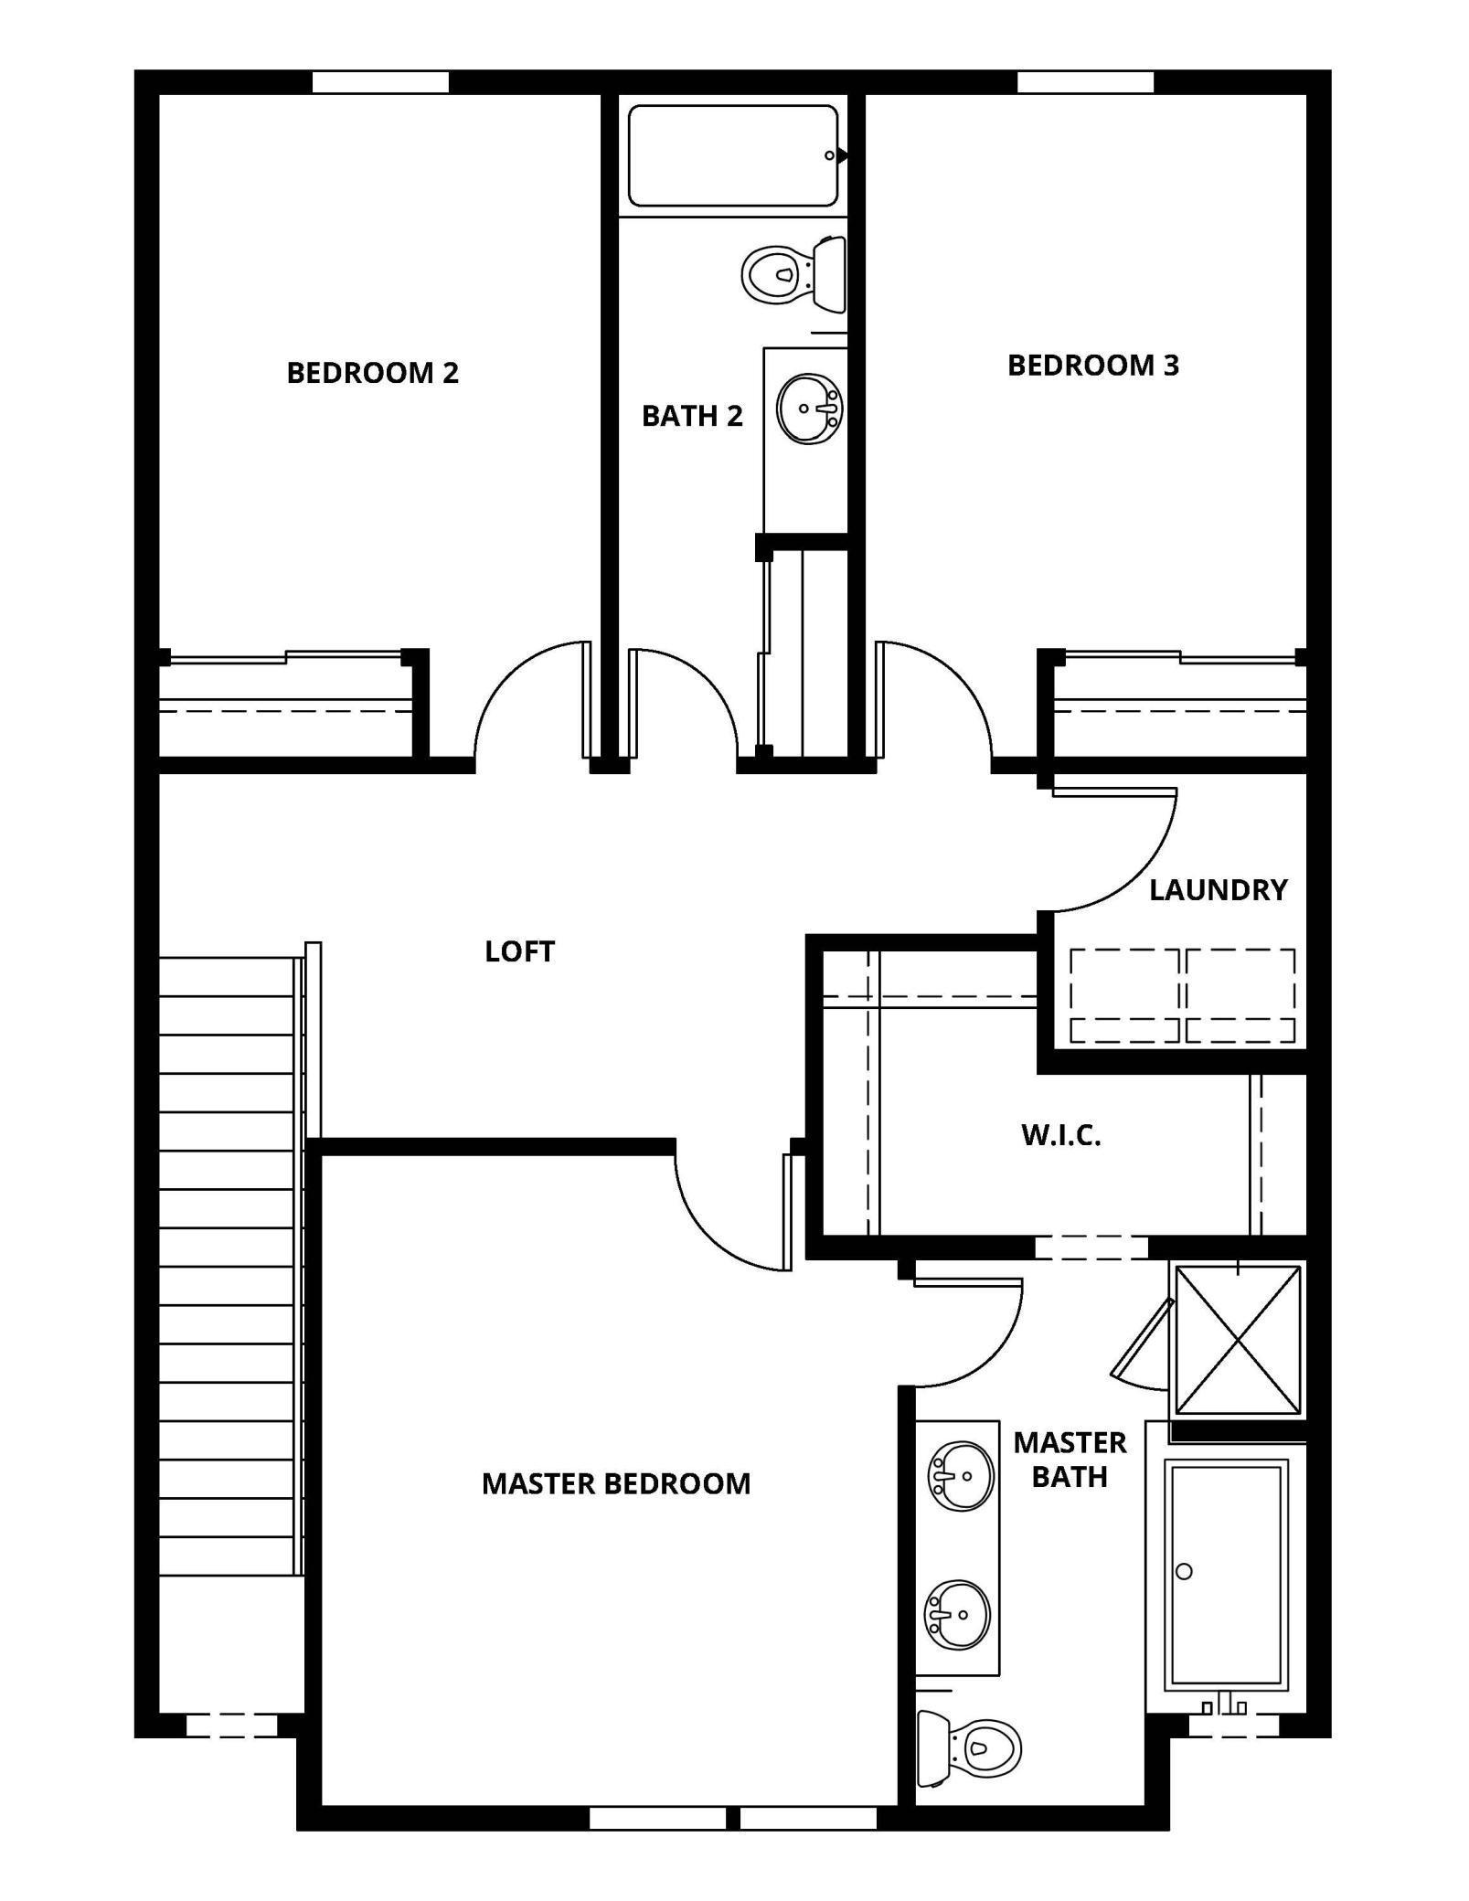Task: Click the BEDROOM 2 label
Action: click(372, 373)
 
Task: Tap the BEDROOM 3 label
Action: click(1092, 366)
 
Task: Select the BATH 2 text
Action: click(691, 416)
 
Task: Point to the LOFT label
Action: click(519, 951)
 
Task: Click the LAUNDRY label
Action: click(1218, 889)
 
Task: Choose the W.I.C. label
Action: click(1060, 1135)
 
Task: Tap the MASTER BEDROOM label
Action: click(615, 1483)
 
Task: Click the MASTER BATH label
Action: click(1069, 1460)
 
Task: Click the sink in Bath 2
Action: click(808, 409)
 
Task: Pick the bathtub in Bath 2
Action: click(732, 156)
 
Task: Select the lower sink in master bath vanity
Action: click(957, 1616)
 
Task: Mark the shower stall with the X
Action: click(1237, 1339)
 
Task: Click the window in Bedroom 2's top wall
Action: click(380, 82)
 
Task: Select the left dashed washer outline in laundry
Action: click(1124, 995)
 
